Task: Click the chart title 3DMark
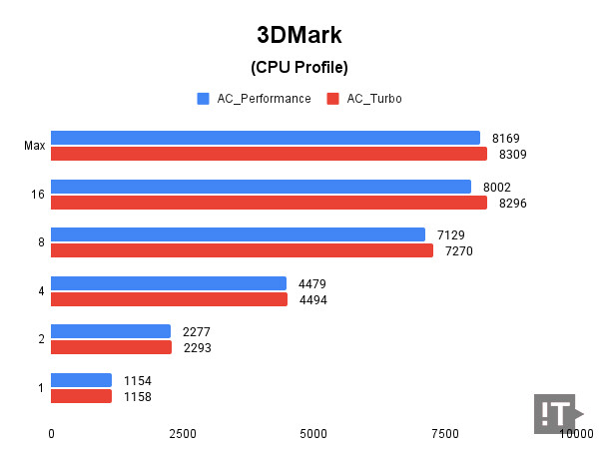pos(299,35)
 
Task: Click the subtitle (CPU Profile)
pos(299,68)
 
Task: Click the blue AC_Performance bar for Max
pos(266,138)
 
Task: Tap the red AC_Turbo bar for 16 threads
pos(269,203)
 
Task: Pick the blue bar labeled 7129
pos(238,234)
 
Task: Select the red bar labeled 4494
pos(169,299)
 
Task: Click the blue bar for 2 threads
pos(111,331)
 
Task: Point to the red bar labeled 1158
pos(81,396)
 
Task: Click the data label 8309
pos(509,155)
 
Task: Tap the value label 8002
pos(497,187)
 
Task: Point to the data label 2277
pos(197,331)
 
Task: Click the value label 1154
pos(138,380)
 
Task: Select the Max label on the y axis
pos(35,147)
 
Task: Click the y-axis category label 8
pos(40,242)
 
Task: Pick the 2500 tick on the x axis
pos(182,434)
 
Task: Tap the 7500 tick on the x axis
pos(444,434)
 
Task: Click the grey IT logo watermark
pos(557,413)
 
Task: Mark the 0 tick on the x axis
pos(51,434)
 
